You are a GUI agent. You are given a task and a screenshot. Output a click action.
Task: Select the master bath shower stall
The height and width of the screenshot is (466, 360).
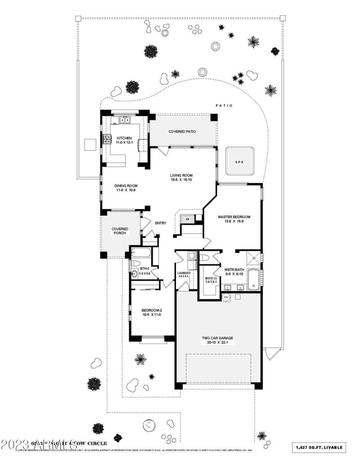(x=254, y=258)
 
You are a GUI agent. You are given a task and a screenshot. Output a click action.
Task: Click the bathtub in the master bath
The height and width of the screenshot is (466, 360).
(x=253, y=279)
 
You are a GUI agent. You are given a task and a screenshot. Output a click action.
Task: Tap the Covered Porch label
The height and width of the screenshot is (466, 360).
(x=120, y=231)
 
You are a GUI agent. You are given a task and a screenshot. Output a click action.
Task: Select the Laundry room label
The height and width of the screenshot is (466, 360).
(x=184, y=273)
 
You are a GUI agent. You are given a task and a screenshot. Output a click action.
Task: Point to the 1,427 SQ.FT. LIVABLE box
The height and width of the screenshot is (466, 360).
(x=320, y=447)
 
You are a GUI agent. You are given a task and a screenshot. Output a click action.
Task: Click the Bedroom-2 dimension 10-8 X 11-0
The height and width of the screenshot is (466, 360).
(x=151, y=314)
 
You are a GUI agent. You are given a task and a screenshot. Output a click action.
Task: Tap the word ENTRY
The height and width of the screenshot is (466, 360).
(x=161, y=223)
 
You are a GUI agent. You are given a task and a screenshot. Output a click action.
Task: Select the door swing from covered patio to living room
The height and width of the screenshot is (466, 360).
(x=166, y=151)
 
